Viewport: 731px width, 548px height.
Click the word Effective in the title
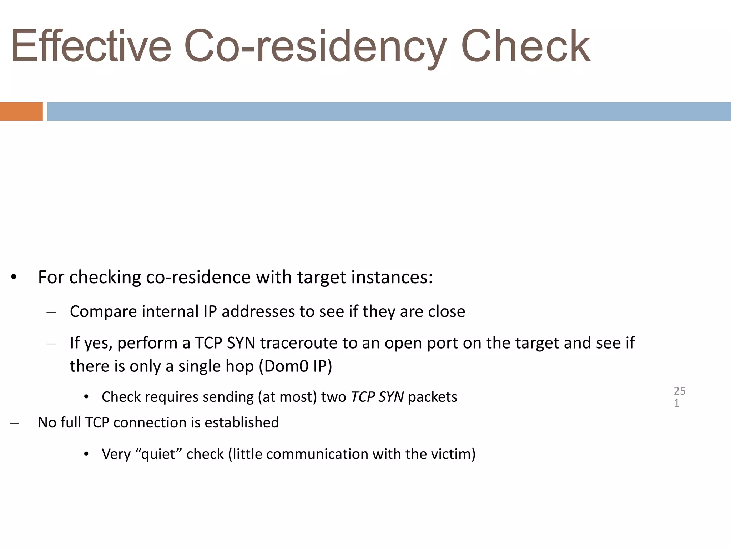click(91, 46)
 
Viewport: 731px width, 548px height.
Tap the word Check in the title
click(525, 46)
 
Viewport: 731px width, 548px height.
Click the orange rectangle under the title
click(21, 111)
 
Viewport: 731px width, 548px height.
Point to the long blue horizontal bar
click(389, 111)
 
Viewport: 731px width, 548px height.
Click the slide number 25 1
click(679, 397)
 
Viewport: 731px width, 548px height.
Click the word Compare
click(104, 311)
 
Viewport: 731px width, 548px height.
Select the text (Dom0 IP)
click(295, 366)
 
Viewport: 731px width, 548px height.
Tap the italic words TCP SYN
click(377, 397)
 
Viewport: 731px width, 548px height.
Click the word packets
click(433, 397)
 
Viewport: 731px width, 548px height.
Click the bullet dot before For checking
click(14, 278)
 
